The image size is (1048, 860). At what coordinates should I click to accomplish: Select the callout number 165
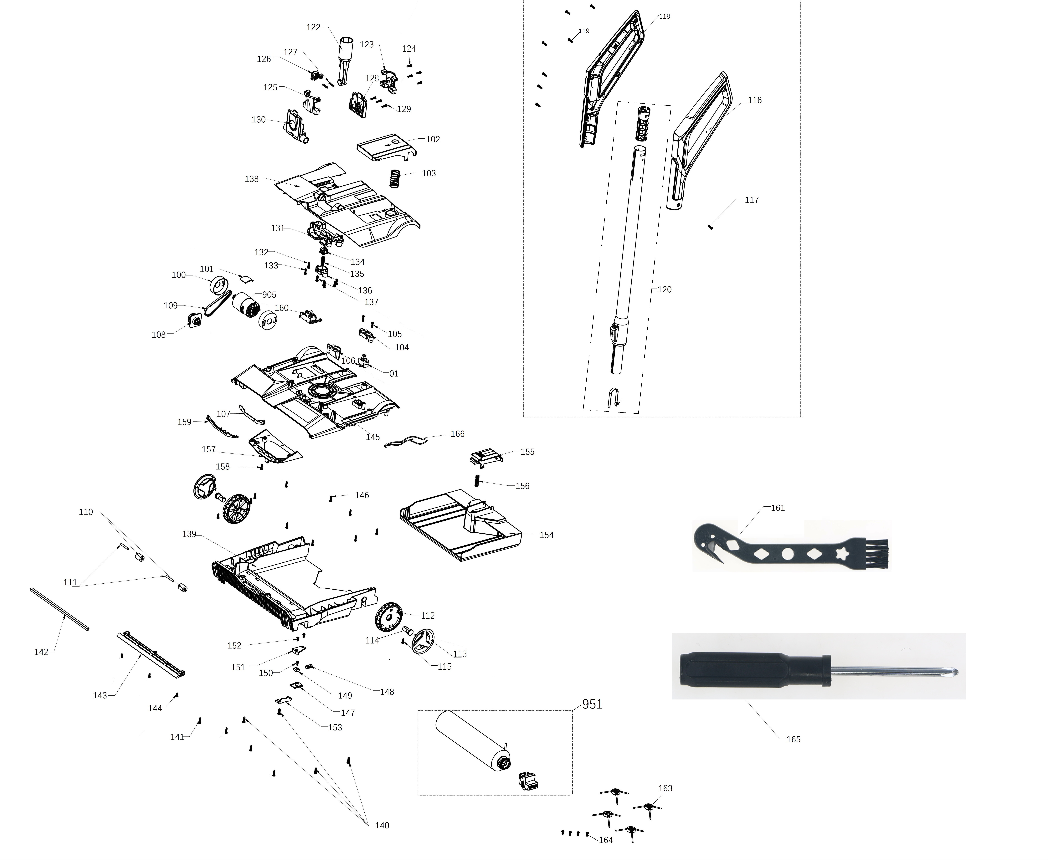click(x=793, y=739)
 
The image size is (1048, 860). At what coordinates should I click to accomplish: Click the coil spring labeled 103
click(x=394, y=178)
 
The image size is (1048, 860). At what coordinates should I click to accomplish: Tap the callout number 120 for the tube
click(x=665, y=289)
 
